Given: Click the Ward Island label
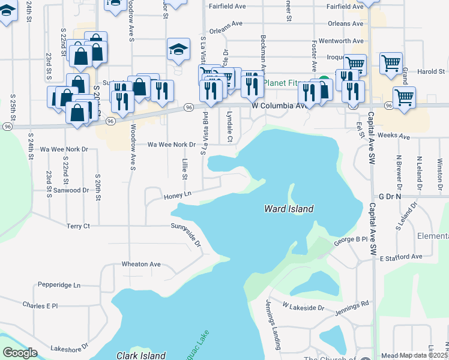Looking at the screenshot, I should tap(289, 209).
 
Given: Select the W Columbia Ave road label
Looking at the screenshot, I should tap(280, 106).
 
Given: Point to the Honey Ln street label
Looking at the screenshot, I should tap(177, 195).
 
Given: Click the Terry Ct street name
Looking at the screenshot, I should tap(78, 226).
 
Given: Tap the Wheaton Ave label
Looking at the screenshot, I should tap(141, 264).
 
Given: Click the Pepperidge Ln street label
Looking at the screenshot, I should tap(59, 285).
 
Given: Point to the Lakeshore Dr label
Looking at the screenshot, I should tap(70, 347).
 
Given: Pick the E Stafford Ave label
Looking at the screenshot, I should tap(401, 257).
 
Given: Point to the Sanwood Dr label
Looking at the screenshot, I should tap(71, 190).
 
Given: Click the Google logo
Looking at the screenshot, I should tap(20, 353).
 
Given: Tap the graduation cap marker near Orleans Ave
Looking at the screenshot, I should tap(178, 50).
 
